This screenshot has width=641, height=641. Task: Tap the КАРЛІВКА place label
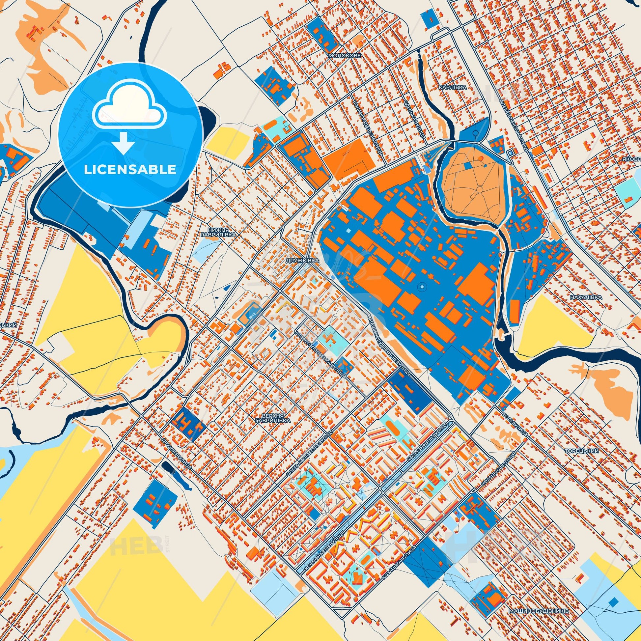[452, 87]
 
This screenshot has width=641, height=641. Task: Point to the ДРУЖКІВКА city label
[302, 261]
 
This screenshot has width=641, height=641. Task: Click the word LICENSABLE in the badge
[130, 170]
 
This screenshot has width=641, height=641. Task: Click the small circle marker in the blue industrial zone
[422, 286]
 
